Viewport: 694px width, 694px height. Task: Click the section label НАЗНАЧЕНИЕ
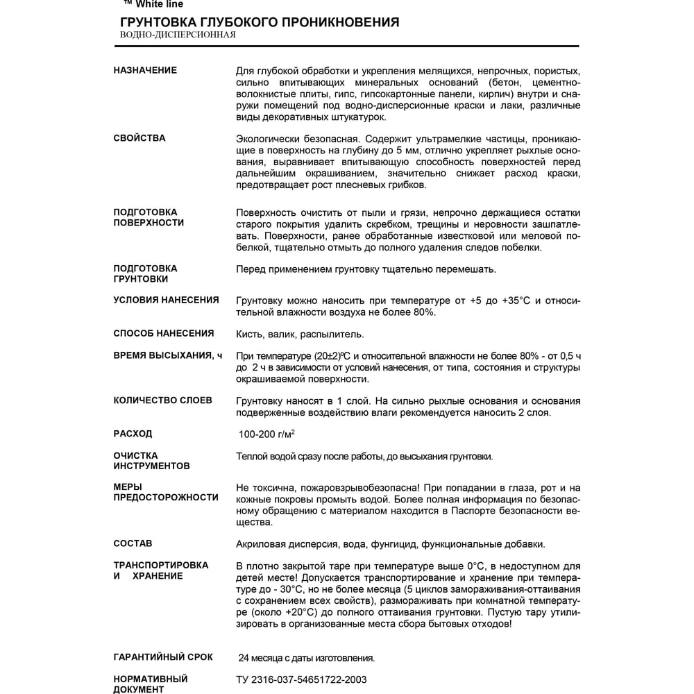point(145,70)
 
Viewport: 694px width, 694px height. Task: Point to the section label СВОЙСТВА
point(139,138)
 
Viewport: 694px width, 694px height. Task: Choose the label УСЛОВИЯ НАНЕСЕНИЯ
point(166,300)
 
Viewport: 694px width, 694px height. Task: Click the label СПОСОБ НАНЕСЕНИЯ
point(164,333)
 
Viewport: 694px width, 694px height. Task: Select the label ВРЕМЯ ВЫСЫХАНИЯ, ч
point(167,355)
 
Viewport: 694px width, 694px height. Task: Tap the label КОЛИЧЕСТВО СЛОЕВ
point(162,400)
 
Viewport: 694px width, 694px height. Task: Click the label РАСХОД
point(133,434)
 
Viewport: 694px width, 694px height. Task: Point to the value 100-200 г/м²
point(266,434)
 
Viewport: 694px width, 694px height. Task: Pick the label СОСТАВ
point(133,543)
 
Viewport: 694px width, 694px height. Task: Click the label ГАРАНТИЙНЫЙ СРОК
point(163,657)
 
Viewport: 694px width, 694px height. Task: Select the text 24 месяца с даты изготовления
point(306,658)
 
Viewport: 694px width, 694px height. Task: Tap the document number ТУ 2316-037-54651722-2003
point(301,679)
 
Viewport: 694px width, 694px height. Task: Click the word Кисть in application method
point(248,334)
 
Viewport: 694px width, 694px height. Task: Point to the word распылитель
point(328,334)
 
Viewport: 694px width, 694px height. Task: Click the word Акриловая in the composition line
point(259,544)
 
